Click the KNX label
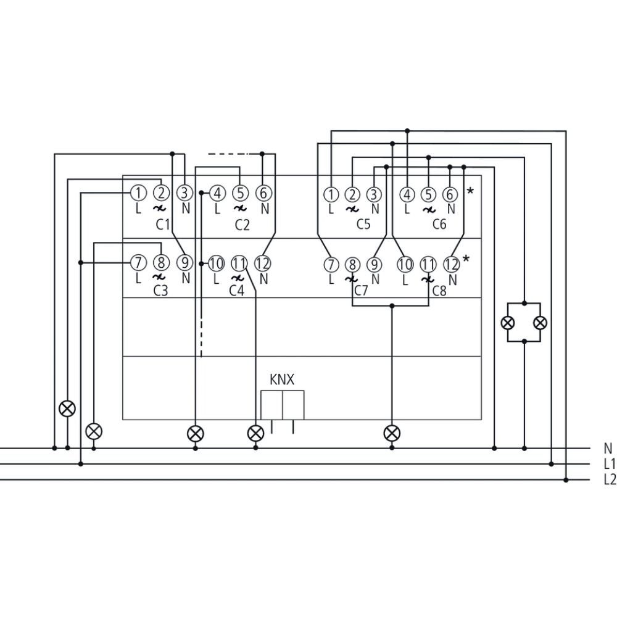pyautogui.click(x=282, y=380)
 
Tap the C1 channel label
pyautogui.click(x=162, y=225)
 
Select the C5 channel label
pyautogui.click(x=363, y=225)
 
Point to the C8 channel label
pyautogui.click(x=439, y=289)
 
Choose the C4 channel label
pyautogui.click(x=237, y=289)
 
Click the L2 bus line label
pyautogui.click(x=610, y=479)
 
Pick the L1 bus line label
pyautogui.click(x=610, y=464)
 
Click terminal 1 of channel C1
pyautogui.click(x=139, y=194)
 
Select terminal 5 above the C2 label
pyautogui.click(x=241, y=194)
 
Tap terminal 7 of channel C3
pyautogui.click(x=139, y=263)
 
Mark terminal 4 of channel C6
pyautogui.click(x=407, y=194)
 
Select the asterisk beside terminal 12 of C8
pyautogui.click(x=466, y=259)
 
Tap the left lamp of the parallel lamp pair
pyautogui.click(x=508, y=322)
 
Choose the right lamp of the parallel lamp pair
pyautogui.click(x=540, y=322)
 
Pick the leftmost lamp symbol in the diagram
pyautogui.click(x=67, y=408)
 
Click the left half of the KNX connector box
pyautogui.click(x=271, y=404)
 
